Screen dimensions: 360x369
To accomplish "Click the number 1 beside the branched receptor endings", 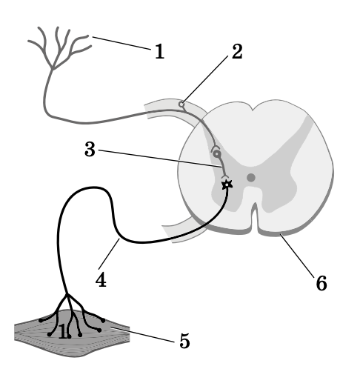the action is click(159, 51).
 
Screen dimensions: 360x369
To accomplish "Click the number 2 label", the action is click(237, 51).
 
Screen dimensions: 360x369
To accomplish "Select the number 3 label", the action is click(90, 149).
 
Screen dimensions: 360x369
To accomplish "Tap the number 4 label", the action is click(101, 279).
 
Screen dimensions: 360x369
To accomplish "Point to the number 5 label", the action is click(184, 341).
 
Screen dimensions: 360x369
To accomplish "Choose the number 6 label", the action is click(321, 283).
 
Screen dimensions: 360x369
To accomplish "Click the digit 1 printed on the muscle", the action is click(63, 331).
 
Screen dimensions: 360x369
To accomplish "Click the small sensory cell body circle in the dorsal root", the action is click(181, 104).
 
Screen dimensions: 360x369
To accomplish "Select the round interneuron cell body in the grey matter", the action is click(217, 154).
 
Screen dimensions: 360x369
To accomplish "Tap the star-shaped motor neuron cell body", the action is click(227, 184).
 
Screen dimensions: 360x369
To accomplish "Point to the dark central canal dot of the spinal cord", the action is click(251, 177).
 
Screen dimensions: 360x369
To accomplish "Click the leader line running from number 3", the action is click(160, 159).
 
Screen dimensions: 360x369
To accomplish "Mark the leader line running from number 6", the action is click(297, 255).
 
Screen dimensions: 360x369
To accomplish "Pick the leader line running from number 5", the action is click(142, 335).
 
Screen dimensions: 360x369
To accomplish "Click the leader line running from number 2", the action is click(206, 79).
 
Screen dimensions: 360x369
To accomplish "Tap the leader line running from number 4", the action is click(109, 254).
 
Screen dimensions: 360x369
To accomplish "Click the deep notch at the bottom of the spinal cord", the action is click(255, 217).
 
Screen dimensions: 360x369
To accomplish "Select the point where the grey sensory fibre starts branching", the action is click(52, 69).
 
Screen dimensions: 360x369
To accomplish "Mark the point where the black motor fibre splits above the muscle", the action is click(67, 294).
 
